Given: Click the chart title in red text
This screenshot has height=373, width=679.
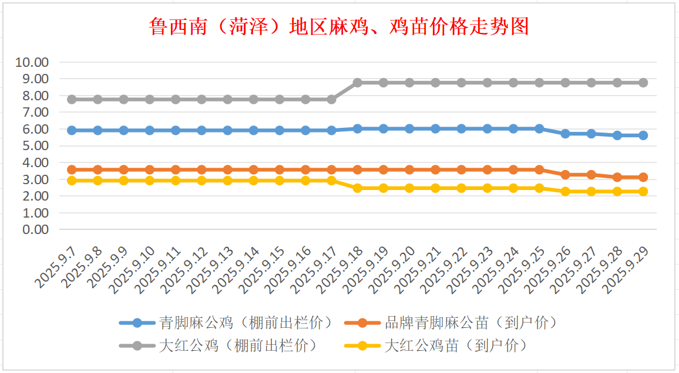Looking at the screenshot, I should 339,26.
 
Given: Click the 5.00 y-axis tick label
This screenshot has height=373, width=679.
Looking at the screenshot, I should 36,146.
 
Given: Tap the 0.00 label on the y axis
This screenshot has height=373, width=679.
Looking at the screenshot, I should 36,230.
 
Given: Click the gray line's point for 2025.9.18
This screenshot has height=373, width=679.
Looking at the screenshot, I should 357,83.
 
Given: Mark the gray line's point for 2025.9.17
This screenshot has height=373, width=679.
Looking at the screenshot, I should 331,100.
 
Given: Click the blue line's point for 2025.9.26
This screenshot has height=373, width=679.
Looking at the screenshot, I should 565,134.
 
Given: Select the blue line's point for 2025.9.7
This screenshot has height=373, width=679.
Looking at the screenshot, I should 72,130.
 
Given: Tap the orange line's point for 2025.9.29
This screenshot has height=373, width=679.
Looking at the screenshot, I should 643,177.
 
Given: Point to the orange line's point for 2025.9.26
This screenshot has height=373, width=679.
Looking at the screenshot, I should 565,175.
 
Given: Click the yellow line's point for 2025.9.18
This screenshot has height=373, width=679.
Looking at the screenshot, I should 357,188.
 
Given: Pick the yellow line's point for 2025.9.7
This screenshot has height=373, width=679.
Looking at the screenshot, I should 72,181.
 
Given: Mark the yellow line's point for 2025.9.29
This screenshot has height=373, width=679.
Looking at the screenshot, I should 643,191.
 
